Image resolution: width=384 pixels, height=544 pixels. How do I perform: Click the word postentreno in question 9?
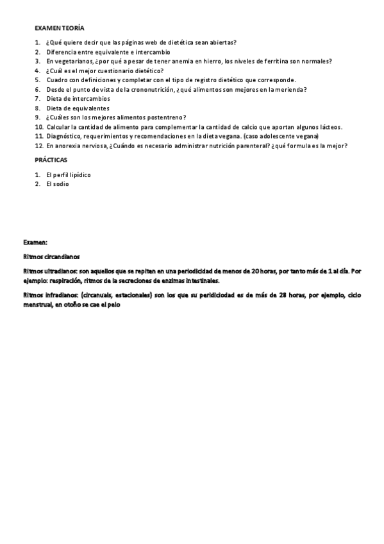167,117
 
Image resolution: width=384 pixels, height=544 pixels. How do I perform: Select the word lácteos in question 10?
329,127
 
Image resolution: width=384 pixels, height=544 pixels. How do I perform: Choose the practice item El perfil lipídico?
68,174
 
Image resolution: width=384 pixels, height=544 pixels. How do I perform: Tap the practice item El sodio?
57,184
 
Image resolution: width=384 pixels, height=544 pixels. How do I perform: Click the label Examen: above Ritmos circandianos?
35,243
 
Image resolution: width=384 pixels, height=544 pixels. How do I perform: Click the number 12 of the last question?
38,146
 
